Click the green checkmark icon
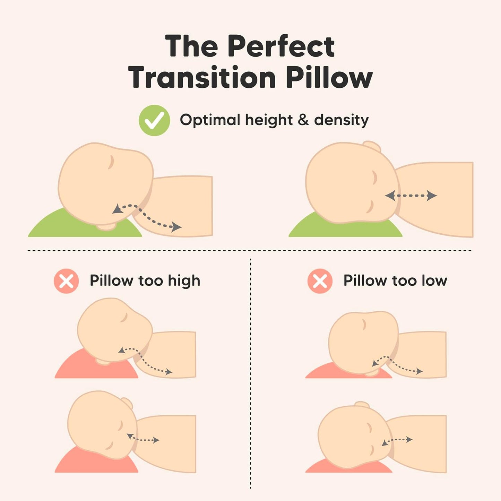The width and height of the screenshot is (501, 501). tap(154, 120)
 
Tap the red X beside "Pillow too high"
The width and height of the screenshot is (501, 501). tap(66, 281)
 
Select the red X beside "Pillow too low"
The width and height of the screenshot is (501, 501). tap(320, 281)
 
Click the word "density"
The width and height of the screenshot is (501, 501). tap(341, 120)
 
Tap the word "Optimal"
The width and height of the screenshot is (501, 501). tap(210, 120)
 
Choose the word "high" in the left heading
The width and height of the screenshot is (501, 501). tap(184, 281)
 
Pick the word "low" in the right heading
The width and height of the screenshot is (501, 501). tap(434, 280)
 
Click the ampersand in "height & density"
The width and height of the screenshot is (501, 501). tap(303, 120)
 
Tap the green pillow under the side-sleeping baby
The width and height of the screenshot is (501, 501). tap(347, 229)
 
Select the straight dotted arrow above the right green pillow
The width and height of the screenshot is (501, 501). tap(411, 196)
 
